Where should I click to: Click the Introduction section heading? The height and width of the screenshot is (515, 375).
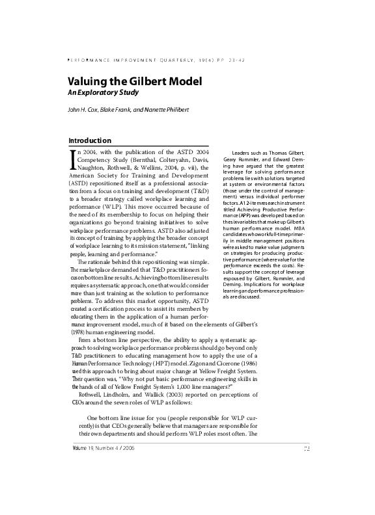pyautogui.click(x=90, y=140)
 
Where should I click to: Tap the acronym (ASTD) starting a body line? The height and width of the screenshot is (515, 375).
pyautogui.click(x=79, y=184)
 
